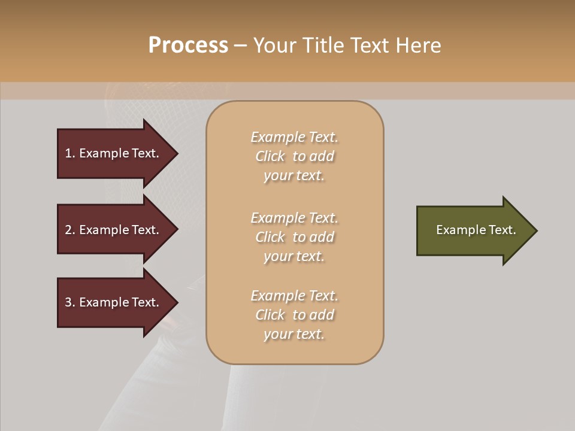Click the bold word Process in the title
point(188,45)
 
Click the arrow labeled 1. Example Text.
point(114,153)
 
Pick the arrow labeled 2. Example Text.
point(114,230)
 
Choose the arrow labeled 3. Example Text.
point(114,302)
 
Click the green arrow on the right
point(473,230)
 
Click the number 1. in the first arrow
point(70,153)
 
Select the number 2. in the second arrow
point(70,230)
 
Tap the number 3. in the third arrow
point(70,302)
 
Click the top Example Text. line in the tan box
point(294,137)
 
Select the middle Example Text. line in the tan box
point(294,218)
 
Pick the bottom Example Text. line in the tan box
point(294,296)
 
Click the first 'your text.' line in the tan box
point(294,176)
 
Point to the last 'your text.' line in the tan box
point(294,335)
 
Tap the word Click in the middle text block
point(270,238)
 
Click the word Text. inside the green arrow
point(502,230)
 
